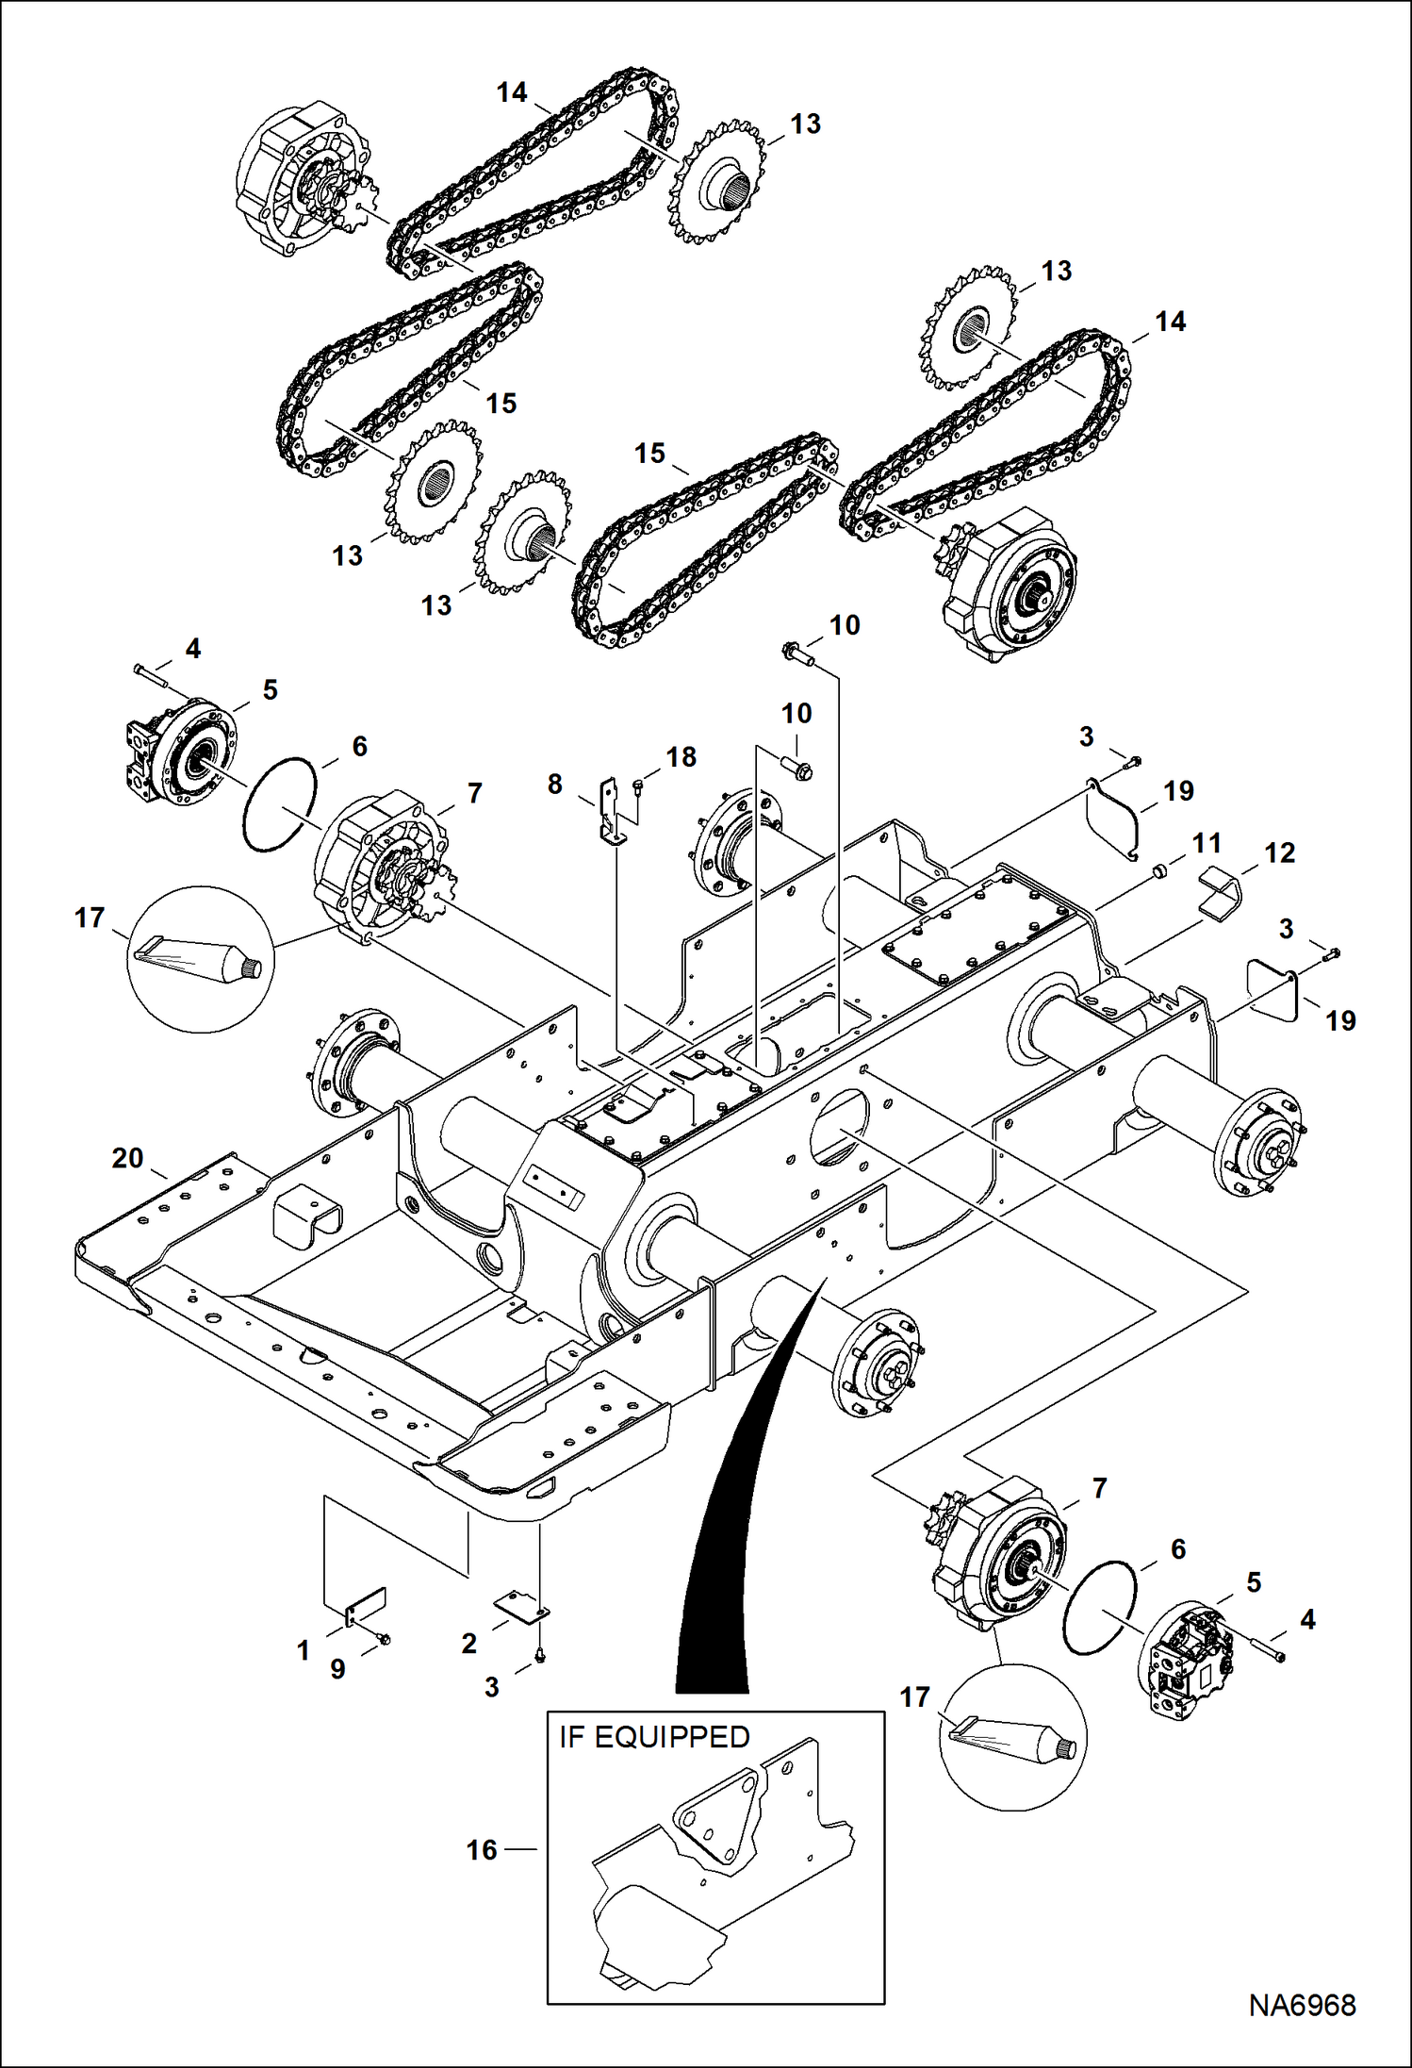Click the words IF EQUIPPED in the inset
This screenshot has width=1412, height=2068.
pos(654,1736)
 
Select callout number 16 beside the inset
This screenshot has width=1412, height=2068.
pos(482,1849)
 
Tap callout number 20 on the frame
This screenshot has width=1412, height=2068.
pos(127,1157)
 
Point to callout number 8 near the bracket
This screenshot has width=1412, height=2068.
pos(554,784)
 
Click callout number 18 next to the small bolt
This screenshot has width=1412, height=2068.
pos(681,756)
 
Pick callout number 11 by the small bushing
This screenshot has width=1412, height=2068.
pos(1207,842)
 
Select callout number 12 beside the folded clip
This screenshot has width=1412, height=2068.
pos(1279,852)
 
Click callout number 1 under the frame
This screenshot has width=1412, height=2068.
pos(303,1650)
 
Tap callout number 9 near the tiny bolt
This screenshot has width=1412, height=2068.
pos(337,1668)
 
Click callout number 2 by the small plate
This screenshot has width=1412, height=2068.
pos(468,1643)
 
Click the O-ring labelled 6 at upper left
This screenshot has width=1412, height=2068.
pos(280,804)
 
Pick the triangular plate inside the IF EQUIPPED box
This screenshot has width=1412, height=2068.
pos(716,1815)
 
